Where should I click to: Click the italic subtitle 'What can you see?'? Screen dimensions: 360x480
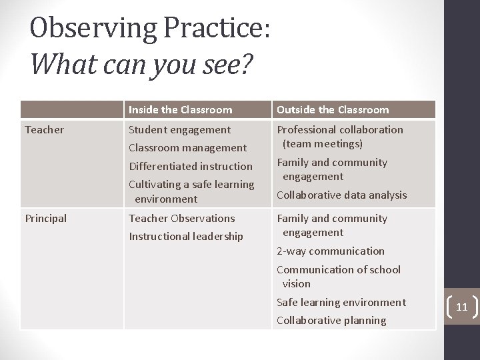pyautogui.click(x=141, y=65)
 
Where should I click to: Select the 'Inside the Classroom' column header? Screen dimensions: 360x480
pyautogui.click(x=180, y=109)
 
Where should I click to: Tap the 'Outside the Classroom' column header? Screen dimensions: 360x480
pyautogui.click(x=332, y=109)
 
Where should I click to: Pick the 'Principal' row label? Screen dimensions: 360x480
pyautogui.click(x=45, y=218)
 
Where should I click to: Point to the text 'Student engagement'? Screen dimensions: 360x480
pyautogui.click(x=179, y=129)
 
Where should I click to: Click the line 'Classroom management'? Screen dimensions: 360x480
pyautogui.click(x=187, y=147)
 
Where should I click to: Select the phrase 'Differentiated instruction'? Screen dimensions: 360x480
pyautogui.click(x=191, y=166)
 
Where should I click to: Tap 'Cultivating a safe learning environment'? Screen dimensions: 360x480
pyautogui.click(x=191, y=191)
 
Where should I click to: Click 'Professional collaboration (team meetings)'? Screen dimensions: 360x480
pyautogui.click(x=339, y=136)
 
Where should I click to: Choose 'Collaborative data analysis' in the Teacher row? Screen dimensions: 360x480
pyautogui.click(x=341, y=195)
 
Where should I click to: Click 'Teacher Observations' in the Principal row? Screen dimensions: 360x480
pyautogui.click(x=181, y=218)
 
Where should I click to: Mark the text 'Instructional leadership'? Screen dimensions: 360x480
pyautogui.click(x=185, y=236)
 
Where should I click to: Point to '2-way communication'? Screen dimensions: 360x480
pyautogui.click(x=330, y=251)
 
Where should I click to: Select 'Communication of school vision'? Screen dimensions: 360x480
pyautogui.click(x=338, y=276)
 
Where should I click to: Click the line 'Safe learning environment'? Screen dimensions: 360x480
pyautogui.click(x=341, y=302)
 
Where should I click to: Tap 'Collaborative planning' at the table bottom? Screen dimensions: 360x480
pyautogui.click(x=331, y=320)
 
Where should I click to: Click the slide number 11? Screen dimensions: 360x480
pyautogui.click(x=461, y=307)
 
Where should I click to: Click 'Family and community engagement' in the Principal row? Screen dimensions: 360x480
pyautogui.click(x=331, y=225)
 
